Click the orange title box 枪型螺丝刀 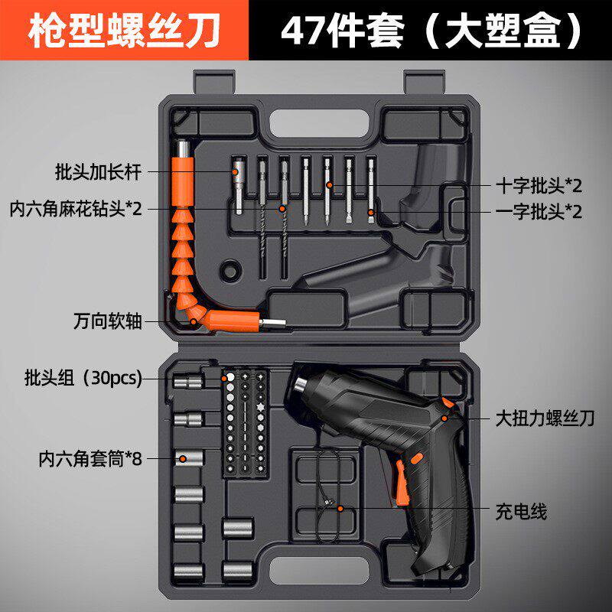[x=124, y=30]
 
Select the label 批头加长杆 [x=99, y=171]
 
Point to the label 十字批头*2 [x=539, y=185]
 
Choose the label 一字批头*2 [x=539, y=212]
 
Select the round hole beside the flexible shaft [x=227, y=270]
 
